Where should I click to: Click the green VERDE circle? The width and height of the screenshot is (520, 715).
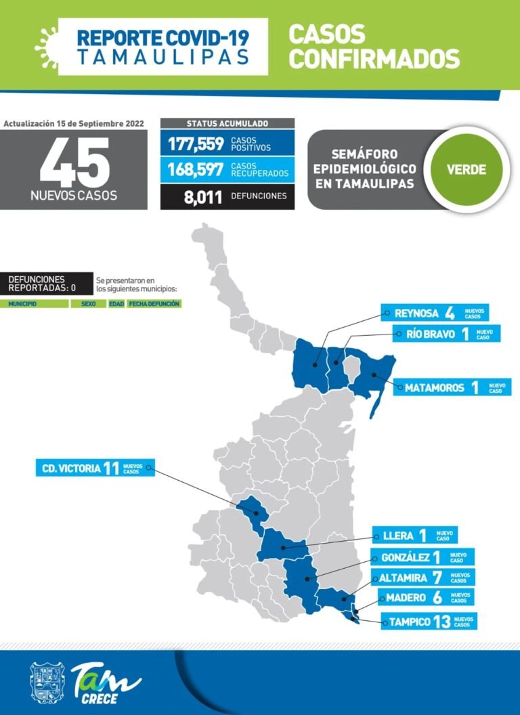(467, 169)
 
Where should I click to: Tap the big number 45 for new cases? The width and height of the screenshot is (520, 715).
(74, 162)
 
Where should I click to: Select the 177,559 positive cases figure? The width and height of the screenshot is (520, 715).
(196, 144)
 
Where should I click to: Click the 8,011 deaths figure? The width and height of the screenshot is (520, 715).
(202, 196)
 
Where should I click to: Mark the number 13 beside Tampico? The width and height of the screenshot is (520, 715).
(441, 621)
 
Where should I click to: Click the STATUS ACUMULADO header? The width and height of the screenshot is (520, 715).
(227, 124)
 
